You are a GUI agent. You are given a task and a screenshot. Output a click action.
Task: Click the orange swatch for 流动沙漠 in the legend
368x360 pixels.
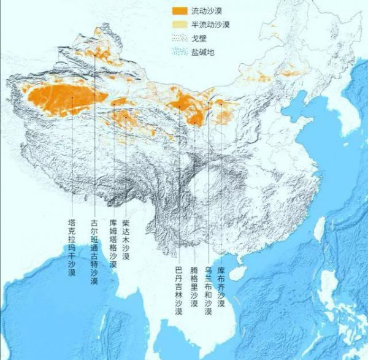[x=179, y=11]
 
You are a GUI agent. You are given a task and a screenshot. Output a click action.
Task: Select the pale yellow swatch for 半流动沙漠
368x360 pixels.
[x=179, y=25]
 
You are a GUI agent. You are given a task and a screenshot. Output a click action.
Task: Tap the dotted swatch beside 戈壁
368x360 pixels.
[x=179, y=38]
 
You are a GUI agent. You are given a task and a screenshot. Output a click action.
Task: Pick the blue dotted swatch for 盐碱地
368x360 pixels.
[x=179, y=52]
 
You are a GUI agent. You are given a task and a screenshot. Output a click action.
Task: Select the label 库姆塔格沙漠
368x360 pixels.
[x=112, y=243]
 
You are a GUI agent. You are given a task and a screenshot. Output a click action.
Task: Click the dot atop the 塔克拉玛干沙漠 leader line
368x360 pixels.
[x=72, y=98]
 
